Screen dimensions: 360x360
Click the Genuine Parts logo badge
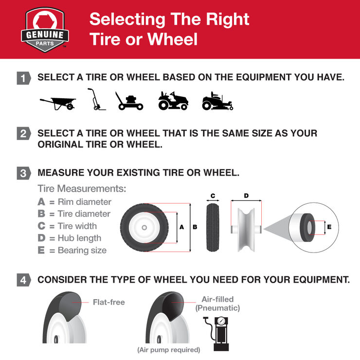[x=45, y=30]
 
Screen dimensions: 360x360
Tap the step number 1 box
[x=23, y=78]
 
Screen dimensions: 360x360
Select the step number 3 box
[x=23, y=173]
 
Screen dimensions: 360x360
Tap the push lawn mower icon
[x=129, y=101]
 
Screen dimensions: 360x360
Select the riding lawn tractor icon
[x=173, y=100]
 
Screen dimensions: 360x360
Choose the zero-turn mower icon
[x=217, y=101]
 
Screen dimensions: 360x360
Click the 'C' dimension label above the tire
[x=213, y=196]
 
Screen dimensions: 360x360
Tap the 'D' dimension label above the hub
[x=246, y=196]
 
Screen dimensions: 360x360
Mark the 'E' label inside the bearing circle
[x=329, y=227]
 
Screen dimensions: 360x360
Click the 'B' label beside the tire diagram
[x=195, y=227]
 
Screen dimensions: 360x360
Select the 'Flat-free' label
[x=108, y=302]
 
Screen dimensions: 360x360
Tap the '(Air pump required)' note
[x=168, y=350]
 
